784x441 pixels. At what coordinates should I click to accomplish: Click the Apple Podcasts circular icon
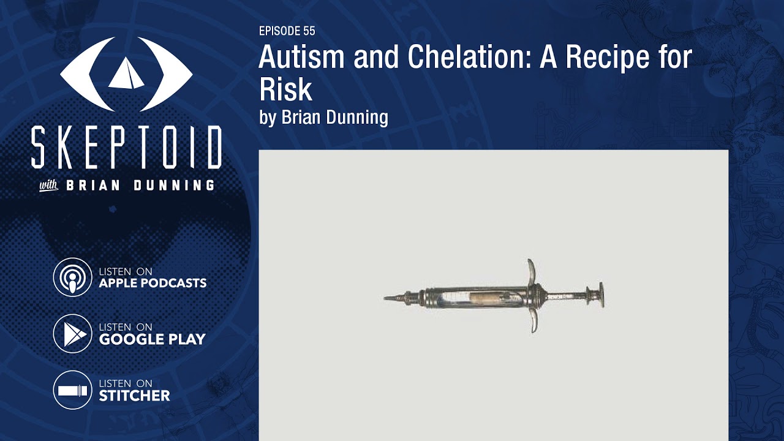pyautogui.click(x=72, y=277)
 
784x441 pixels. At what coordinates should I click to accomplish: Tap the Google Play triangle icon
pyautogui.click(x=72, y=334)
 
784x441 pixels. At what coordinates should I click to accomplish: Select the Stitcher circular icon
pyautogui.click(x=72, y=390)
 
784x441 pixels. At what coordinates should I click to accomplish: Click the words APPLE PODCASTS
pyautogui.click(x=153, y=283)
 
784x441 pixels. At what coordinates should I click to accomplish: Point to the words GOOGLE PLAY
pyautogui.click(x=152, y=339)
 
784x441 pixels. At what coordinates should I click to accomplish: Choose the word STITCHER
pyautogui.click(x=134, y=396)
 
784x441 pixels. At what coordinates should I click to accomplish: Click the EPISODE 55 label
pyautogui.click(x=287, y=31)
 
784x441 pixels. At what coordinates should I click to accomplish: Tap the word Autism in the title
pyautogui.click(x=298, y=58)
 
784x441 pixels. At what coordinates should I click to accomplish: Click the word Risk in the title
pyautogui.click(x=285, y=89)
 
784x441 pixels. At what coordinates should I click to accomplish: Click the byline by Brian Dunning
pyautogui.click(x=323, y=117)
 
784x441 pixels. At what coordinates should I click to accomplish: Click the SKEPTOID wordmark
pyautogui.click(x=126, y=148)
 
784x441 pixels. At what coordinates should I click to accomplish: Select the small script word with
pyautogui.click(x=48, y=186)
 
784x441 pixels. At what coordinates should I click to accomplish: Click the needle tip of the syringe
pyautogui.click(x=387, y=298)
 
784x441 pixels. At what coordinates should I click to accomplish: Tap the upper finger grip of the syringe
pyautogui.click(x=531, y=270)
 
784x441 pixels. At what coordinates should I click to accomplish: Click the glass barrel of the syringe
pyautogui.click(x=472, y=298)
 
